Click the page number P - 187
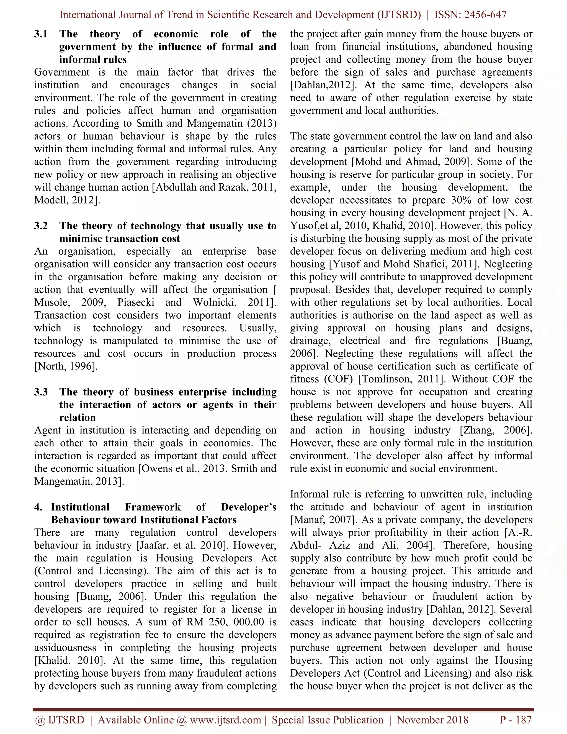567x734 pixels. click(x=516, y=720)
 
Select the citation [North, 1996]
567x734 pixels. click(x=66, y=366)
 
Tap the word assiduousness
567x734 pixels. click(x=66, y=648)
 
